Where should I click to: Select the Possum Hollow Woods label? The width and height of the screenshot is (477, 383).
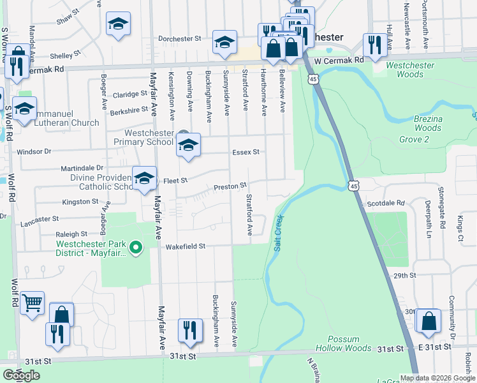click(x=349, y=343)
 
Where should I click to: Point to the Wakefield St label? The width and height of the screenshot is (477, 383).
click(x=186, y=246)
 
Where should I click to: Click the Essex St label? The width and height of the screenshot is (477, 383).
click(x=246, y=153)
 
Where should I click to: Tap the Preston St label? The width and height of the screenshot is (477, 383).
click(x=230, y=186)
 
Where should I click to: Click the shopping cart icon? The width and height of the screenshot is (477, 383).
click(x=32, y=303)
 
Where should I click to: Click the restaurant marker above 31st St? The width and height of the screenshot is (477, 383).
click(x=190, y=329)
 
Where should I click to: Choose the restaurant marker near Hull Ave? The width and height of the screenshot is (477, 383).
click(x=374, y=44)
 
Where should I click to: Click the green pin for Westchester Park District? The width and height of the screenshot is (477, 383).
click(x=135, y=247)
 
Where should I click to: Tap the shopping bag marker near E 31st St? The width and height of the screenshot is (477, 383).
click(x=430, y=321)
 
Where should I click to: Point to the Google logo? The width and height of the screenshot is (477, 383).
click(x=22, y=375)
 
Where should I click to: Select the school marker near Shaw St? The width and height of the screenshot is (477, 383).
click(x=118, y=24)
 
